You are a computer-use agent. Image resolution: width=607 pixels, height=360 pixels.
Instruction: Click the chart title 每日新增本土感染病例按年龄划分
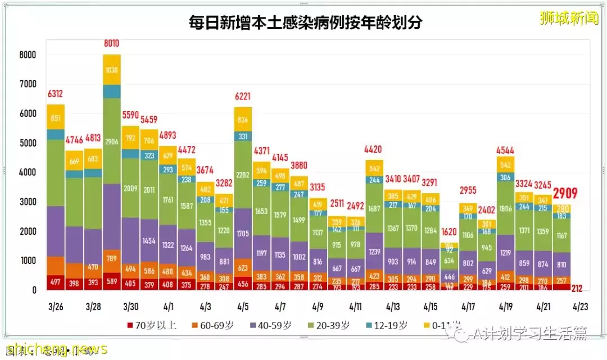click(x=305, y=23)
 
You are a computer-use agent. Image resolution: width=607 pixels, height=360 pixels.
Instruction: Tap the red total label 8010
click(x=111, y=43)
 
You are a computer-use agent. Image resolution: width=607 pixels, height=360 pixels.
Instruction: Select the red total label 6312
click(x=55, y=94)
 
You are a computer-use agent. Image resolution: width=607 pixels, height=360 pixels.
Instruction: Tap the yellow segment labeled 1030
click(x=111, y=70)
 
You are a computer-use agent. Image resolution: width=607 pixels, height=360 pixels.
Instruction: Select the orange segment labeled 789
click(x=111, y=258)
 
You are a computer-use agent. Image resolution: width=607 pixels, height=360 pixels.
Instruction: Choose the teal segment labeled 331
click(x=243, y=136)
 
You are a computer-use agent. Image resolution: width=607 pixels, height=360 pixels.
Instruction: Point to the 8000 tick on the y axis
click(x=26, y=55)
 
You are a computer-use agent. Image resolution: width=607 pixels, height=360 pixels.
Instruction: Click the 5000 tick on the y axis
click(x=26, y=143)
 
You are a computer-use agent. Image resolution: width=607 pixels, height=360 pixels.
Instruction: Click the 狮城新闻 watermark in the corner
click(x=568, y=19)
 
